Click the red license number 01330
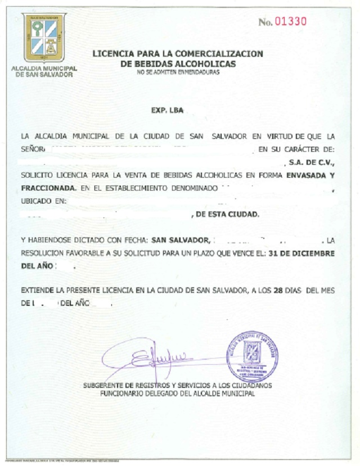coord(290,22)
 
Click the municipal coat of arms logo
coord(44,38)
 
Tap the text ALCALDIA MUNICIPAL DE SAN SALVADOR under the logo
coord(44,71)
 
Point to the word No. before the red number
coord(265,22)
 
